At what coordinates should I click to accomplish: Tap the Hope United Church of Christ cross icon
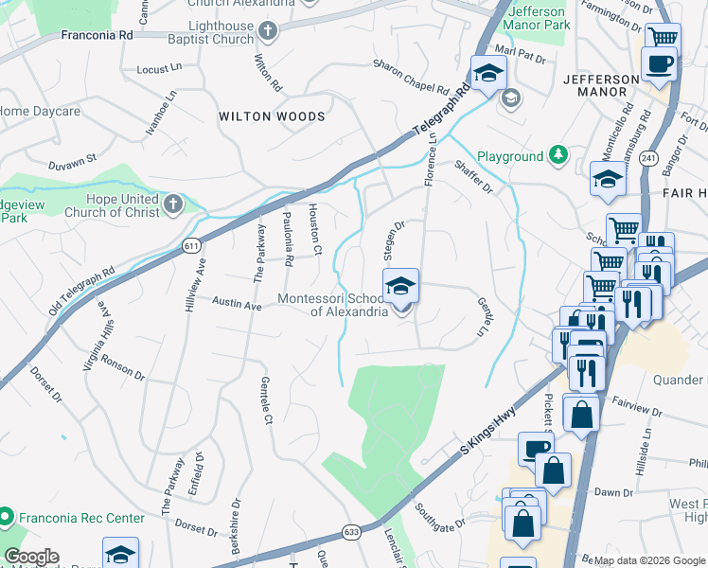(x=172, y=204)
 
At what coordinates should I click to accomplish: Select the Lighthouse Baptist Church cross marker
(x=268, y=32)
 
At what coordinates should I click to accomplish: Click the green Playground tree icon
(x=559, y=155)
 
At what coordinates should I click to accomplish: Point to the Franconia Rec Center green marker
(x=6, y=518)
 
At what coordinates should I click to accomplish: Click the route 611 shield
(x=192, y=246)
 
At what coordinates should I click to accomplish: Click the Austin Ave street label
(x=237, y=306)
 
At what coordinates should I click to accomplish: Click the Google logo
(x=31, y=557)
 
